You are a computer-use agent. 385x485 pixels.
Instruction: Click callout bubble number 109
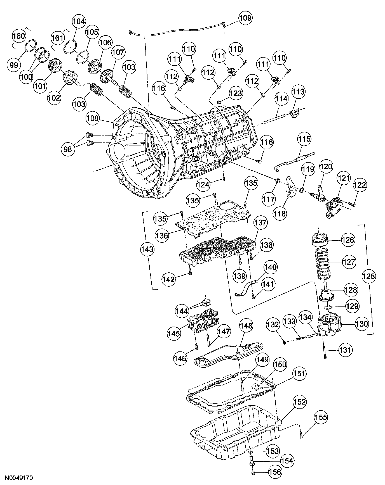coord(245,18)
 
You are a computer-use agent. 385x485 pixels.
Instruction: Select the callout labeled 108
coord(92,118)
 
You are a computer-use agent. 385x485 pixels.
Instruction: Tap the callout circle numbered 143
coord(147,249)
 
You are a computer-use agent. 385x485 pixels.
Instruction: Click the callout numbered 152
coord(300,402)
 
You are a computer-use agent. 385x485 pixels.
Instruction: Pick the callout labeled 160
coord(19,36)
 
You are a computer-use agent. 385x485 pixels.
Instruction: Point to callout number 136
coord(162,235)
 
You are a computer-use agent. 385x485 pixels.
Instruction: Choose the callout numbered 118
coord(280,214)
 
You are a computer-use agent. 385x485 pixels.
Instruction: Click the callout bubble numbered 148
coord(247,325)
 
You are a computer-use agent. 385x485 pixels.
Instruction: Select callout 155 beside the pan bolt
coord(321,417)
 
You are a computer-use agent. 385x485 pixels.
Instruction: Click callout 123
coord(236,93)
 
